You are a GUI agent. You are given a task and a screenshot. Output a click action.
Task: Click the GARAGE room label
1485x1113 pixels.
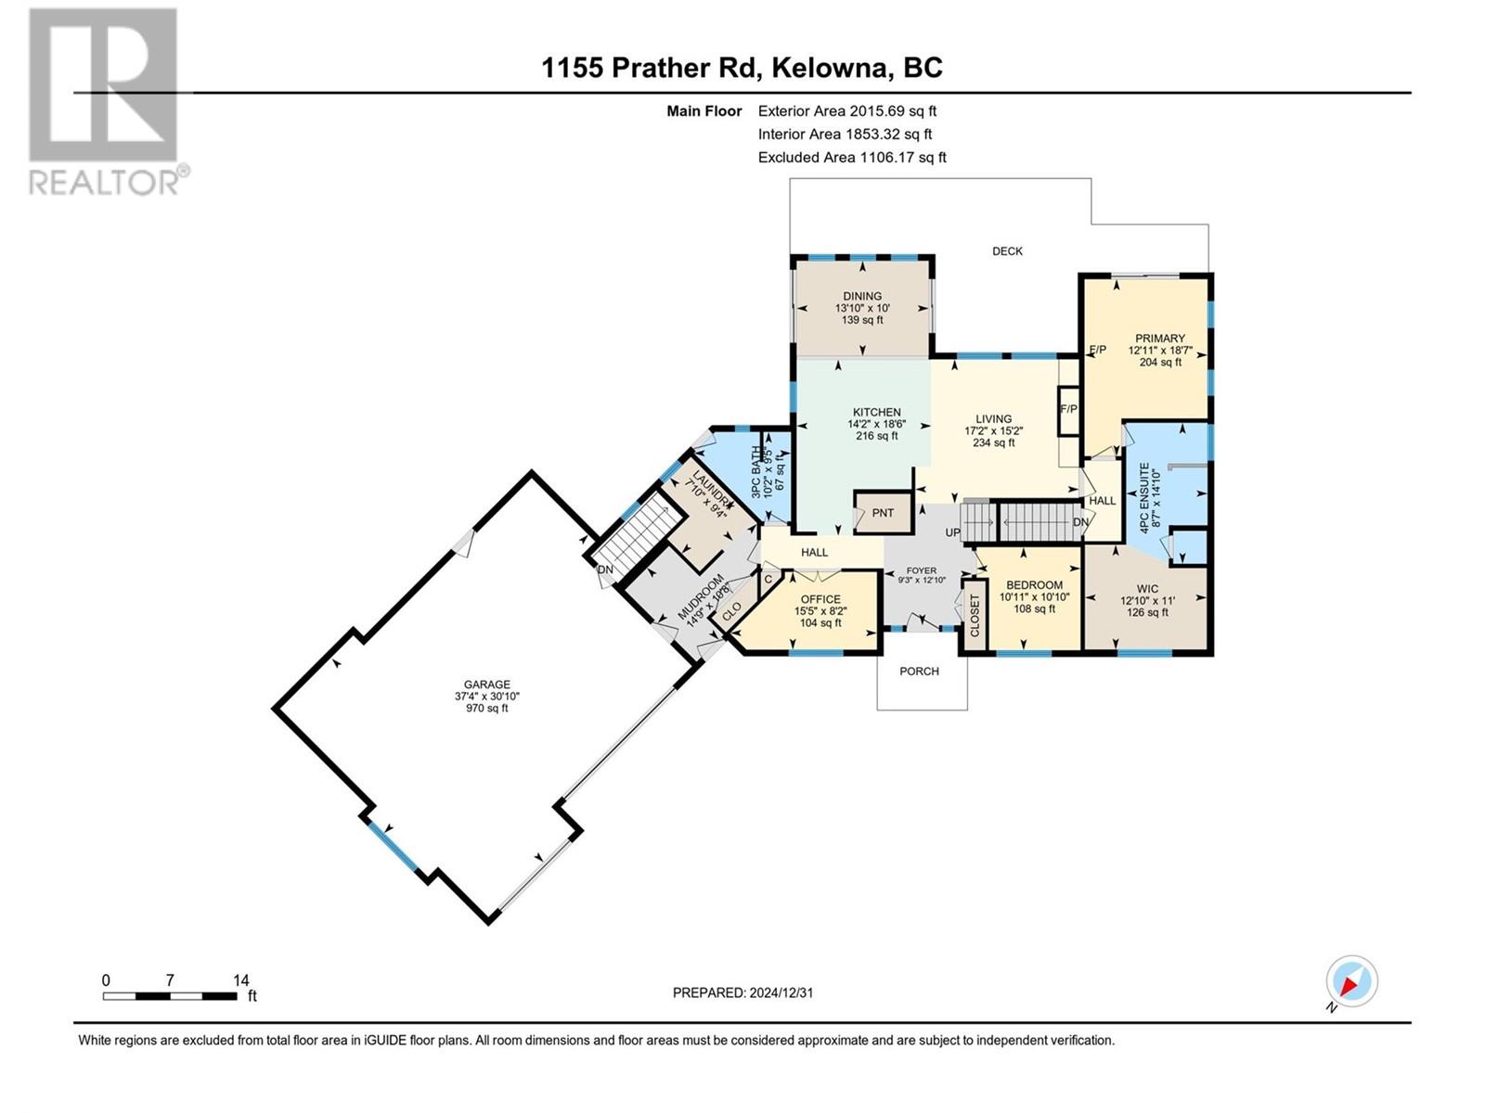point(486,684)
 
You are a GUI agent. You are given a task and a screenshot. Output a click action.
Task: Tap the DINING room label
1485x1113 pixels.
point(862,296)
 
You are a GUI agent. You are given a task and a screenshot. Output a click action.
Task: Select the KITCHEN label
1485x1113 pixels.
point(877,412)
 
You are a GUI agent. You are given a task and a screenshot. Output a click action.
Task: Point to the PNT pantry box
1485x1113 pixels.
point(883,512)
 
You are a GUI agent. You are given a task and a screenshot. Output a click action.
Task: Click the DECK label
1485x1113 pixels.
point(1007,251)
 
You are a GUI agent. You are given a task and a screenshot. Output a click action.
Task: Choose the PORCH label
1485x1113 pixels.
point(919,671)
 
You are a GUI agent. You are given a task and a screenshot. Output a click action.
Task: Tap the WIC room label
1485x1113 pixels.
point(1147,589)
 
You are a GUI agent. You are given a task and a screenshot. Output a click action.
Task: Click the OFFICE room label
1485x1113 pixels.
point(820,599)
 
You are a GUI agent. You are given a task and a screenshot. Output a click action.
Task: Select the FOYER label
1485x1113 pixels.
point(922,571)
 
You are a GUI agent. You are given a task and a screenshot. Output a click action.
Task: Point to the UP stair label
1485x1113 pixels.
point(952,532)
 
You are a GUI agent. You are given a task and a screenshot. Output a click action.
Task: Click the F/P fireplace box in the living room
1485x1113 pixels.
point(1069,410)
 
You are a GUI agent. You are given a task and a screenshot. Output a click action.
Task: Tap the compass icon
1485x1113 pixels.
point(1351,980)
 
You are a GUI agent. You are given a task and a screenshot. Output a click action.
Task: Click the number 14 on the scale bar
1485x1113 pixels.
point(240,979)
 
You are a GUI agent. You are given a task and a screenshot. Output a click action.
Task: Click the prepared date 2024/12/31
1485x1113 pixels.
point(781,992)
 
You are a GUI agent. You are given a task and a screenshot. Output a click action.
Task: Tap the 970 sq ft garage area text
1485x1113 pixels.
point(486,709)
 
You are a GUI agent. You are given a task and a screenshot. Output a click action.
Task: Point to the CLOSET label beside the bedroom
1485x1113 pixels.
point(975,616)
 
